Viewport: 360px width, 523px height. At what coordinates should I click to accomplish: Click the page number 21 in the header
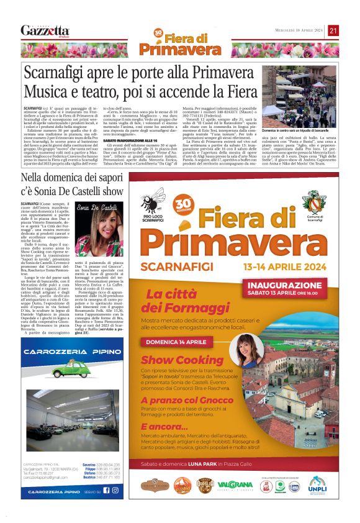click(334, 30)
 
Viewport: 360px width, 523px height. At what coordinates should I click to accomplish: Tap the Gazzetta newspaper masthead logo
click(45, 30)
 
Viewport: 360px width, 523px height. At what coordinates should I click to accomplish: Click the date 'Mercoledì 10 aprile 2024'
click(300, 30)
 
